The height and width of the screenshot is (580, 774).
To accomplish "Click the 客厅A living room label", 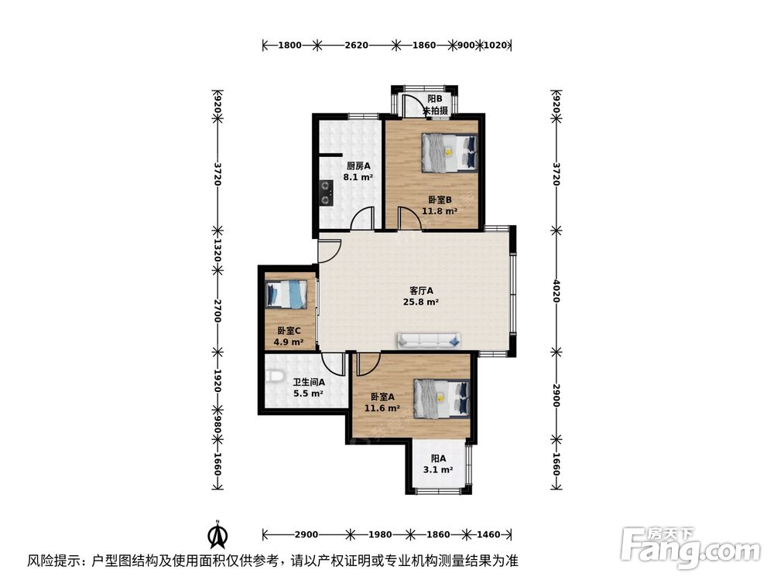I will (x=422, y=291).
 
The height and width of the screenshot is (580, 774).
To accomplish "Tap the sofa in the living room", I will (x=429, y=340).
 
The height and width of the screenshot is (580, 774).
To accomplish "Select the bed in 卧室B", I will (x=449, y=152).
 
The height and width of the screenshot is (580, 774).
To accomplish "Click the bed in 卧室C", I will (x=287, y=295).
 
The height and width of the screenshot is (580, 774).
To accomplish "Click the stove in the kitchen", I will (x=327, y=193).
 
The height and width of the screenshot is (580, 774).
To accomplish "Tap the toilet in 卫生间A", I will (x=272, y=376).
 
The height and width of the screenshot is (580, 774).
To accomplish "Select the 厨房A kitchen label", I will (x=358, y=165).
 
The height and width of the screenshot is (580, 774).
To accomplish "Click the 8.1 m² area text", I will (x=358, y=176).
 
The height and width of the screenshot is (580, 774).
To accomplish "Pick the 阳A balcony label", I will (x=437, y=458).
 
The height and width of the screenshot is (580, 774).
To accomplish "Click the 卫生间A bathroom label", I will (x=308, y=382).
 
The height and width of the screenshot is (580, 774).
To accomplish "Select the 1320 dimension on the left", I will (x=218, y=249).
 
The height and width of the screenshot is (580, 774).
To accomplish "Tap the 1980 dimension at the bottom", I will (x=380, y=534).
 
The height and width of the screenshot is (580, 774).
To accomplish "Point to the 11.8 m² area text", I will (x=440, y=210).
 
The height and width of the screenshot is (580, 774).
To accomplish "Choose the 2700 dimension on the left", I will (x=218, y=311).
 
